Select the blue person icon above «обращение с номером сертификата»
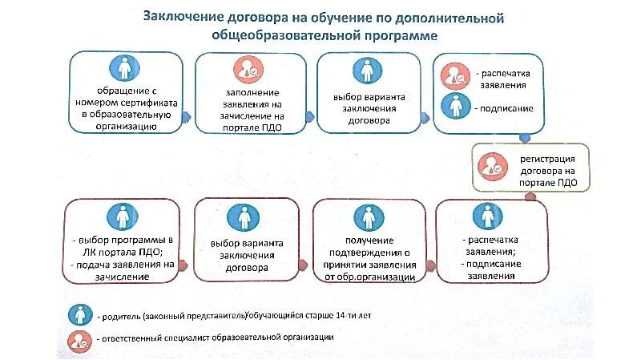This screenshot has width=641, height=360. click(x=123, y=69)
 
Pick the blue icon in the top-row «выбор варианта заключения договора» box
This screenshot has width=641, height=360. click(x=367, y=70)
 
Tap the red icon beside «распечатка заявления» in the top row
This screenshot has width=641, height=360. click(x=452, y=76)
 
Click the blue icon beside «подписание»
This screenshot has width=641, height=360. click(x=452, y=105)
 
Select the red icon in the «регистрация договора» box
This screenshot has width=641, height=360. click(x=490, y=167)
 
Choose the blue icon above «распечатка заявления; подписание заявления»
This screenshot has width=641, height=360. click(x=482, y=215)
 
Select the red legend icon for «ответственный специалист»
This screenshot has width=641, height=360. click(x=79, y=339)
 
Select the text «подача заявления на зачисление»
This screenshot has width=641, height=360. click(x=127, y=269)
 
